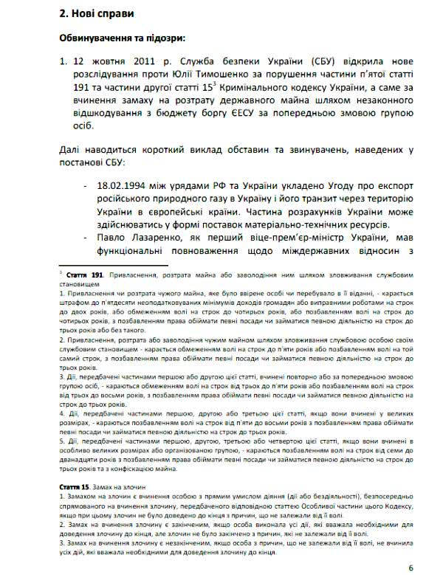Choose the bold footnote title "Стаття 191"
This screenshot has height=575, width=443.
83,273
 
